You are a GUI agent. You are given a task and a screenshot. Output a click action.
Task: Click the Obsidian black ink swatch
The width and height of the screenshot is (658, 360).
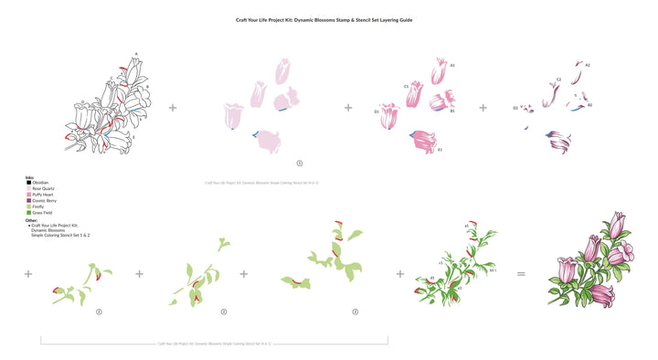[x=28, y=183]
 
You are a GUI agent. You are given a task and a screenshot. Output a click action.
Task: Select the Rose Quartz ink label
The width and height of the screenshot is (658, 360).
[x=42, y=188]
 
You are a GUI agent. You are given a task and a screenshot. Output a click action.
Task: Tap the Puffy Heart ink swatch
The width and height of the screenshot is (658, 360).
[x=28, y=194]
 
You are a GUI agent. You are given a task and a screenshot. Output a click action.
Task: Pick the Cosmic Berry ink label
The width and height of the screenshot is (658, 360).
[x=43, y=200]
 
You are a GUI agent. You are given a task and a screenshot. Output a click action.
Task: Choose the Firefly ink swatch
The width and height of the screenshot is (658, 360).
[x=28, y=206]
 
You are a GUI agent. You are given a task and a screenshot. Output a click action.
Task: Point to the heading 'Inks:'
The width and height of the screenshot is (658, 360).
[x=31, y=177]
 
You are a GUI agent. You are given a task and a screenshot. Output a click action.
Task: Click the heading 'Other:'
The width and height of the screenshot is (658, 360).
[x=32, y=219]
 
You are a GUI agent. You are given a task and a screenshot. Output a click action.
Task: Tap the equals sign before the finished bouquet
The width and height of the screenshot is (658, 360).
[x=521, y=273]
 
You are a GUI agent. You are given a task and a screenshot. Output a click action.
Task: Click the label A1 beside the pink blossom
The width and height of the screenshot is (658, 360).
[x=452, y=66]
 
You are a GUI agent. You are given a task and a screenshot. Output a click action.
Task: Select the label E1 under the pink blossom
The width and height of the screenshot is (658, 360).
[x=440, y=150]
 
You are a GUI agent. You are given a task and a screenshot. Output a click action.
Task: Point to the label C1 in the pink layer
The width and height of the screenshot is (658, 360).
[x=406, y=87]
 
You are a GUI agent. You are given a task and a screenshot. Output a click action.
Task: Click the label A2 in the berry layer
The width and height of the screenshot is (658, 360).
[x=588, y=66]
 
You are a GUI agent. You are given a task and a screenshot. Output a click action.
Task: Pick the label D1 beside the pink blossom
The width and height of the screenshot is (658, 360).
[x=377, y=111]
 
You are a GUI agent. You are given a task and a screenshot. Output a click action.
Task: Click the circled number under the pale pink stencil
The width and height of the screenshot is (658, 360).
[x=299, y=164]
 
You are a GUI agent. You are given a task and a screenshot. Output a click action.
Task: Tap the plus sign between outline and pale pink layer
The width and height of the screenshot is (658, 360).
[x=173, y=107]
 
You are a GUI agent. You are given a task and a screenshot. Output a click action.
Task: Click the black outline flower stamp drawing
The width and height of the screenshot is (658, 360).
[x=106, y=105]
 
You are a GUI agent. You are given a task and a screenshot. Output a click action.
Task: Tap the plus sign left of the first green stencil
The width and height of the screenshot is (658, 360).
[x=28, y=273]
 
